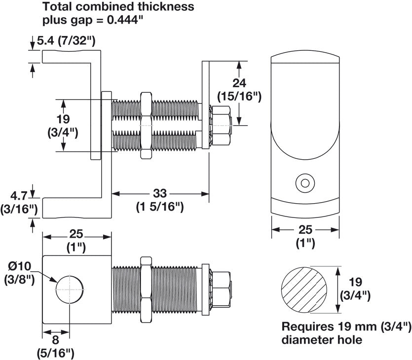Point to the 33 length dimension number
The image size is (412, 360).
[x=160, y=194]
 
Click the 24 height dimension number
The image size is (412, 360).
[x=239, y=83]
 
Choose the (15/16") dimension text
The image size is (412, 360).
[x=239, y=96]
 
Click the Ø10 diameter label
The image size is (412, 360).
[x=19, y=267]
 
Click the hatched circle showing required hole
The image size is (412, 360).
[x=306, y=289]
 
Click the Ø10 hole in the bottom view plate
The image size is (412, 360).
[x=70, y=288]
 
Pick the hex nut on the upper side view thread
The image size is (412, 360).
[x=146, y=125]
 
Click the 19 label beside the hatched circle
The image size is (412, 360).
[x=355, y=283]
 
